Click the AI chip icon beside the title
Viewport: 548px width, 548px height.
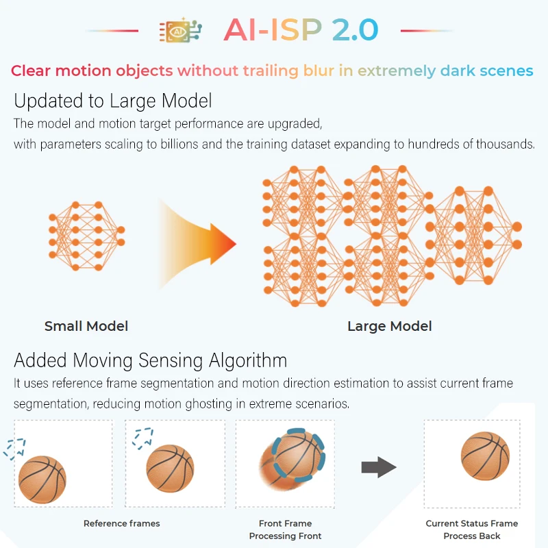(x=180, y=30)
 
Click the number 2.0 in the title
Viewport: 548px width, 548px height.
(x=355, y=29)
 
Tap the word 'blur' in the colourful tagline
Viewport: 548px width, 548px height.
(x=319, y=71)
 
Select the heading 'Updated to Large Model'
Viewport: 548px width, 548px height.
(x=113, y=101)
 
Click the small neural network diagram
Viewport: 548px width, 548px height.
(x=87, y=236)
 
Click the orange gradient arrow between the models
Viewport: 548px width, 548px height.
(x=197, y=244)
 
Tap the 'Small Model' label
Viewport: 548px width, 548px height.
(x=86, y=326)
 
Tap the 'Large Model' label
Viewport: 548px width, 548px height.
(x=390, y=326)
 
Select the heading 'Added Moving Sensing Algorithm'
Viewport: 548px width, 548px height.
(x=151, y=360)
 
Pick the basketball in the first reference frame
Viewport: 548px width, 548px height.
(x=42, y=480)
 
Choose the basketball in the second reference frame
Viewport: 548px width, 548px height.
(x=170, y=469)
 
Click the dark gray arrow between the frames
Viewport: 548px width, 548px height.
(x=379, y=467)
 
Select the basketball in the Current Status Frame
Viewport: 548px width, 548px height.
(x=485, y=456)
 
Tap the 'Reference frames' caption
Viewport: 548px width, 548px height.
(x=122, y=523)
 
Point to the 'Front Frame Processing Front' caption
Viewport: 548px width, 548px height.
(x=285, y=530)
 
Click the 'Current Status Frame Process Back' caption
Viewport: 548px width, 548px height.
(x=472, y=530)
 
